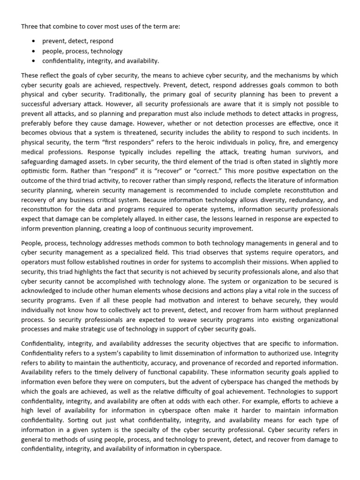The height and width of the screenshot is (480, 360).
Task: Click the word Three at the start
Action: pyautogui.click(x=30, y=27)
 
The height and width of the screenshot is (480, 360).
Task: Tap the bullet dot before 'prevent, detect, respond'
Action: pyautogui.click(x=34, y=41)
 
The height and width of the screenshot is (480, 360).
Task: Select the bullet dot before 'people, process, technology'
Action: pyautogui.click(x=34, y=51)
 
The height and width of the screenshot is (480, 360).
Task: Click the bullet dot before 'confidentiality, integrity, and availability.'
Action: pyautogui.click(x=34, y=61)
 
